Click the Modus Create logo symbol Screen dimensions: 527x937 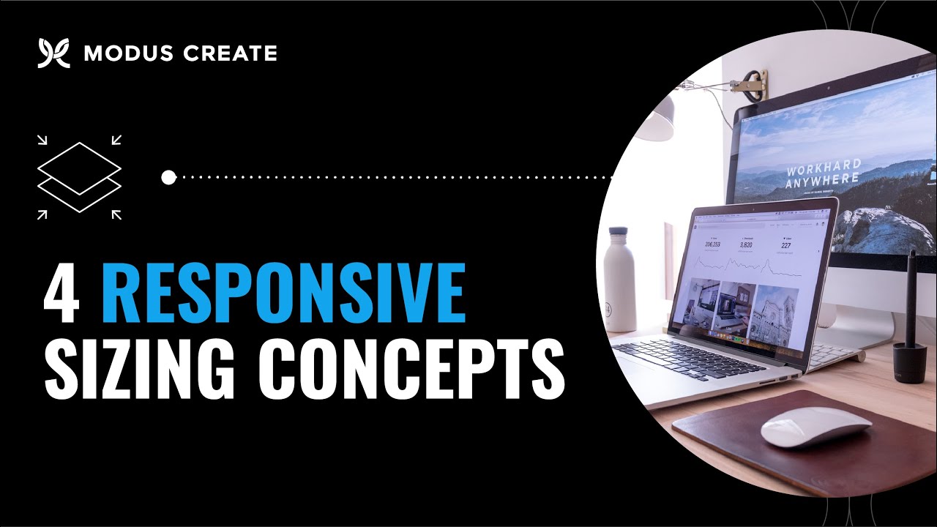click(53, 53)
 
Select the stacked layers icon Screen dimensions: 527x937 click(79, 177)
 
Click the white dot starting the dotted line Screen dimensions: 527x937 click(168, 177)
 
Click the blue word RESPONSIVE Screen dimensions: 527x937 click(284, 294)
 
